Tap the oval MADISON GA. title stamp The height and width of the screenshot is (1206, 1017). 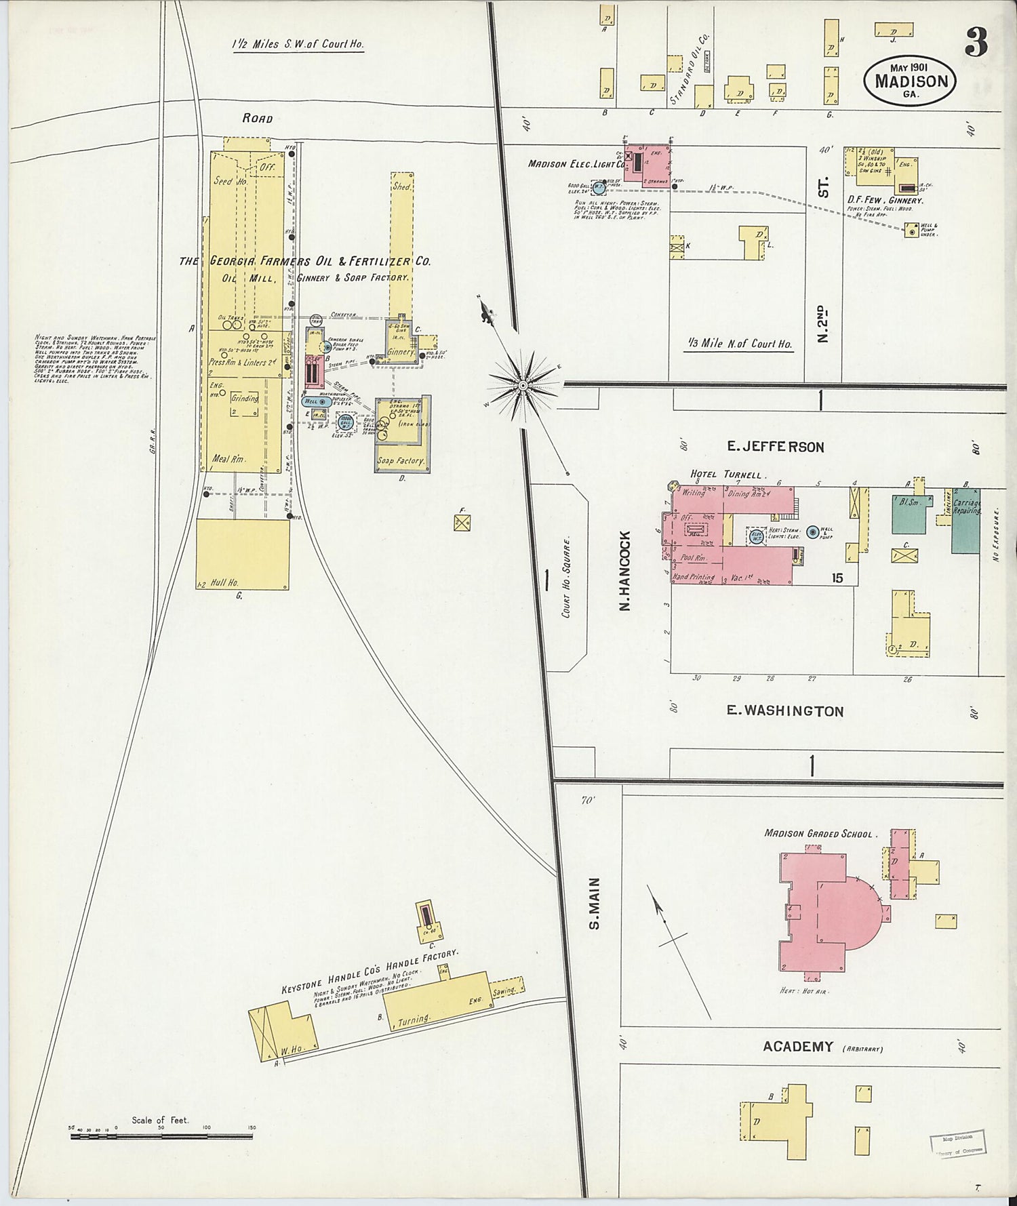[910, 80]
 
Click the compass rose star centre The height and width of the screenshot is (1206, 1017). [523, 386]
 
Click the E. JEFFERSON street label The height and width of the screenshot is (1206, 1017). [775, 447]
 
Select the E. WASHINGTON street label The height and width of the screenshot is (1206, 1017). [784, 711]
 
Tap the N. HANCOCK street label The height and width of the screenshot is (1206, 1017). [625, 571]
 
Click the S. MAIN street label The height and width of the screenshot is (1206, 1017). [594, 904]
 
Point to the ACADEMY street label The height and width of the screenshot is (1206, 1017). [797, 1047]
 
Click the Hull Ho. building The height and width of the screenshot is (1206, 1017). [243, 554]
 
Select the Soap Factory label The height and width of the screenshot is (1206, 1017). [400, 461]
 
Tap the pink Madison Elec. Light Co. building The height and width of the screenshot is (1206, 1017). [648, 163]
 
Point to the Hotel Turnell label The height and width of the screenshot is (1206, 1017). [728, 475]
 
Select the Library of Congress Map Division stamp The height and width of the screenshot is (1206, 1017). [958, 1145]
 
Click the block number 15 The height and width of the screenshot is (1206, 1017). [838, 578]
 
